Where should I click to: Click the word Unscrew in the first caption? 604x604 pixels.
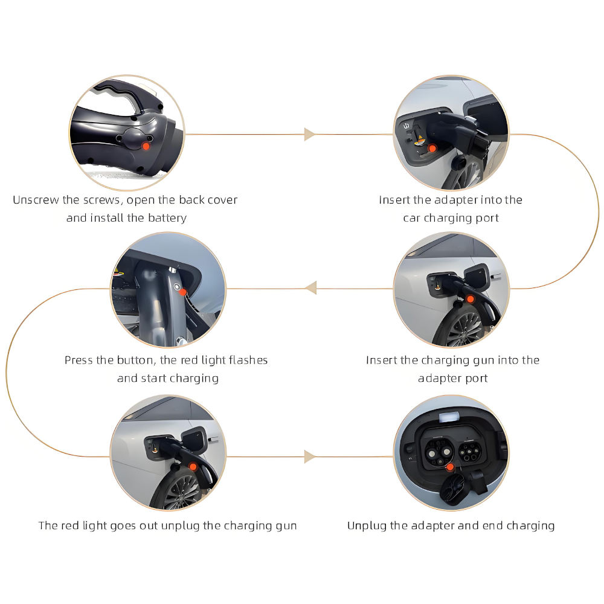(36, 200)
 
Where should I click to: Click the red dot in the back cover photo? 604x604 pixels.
(146, 146)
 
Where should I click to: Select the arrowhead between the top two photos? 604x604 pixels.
(310, 134)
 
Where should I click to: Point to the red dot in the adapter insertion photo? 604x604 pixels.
(431, 148)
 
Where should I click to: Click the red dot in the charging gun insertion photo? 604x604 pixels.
(470, 299)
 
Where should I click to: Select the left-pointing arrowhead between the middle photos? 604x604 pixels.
(310, 288)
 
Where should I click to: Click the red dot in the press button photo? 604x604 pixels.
(182, 292)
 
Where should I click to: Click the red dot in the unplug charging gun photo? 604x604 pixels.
(193, 466)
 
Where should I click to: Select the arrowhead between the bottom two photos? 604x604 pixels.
(310, 457)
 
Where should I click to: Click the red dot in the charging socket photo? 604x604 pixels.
(449, 466)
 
